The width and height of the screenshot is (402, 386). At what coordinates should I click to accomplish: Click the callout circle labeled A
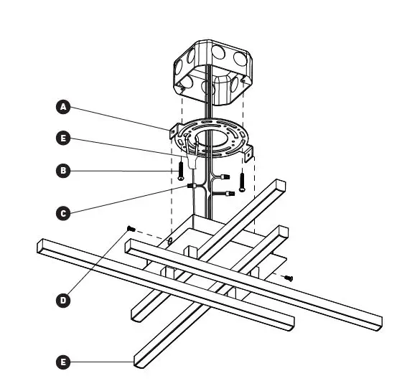click(63, 107)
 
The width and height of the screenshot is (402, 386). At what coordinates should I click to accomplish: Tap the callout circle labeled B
click(63, 171)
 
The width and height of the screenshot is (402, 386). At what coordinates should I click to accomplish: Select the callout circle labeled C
click(63, 213)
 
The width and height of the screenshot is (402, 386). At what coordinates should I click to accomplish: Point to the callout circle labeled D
click(63, 301)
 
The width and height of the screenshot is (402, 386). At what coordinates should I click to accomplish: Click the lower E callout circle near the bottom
click(63, 363)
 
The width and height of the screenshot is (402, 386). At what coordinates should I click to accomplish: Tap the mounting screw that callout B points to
click(180, 171)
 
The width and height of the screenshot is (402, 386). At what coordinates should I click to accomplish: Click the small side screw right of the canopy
click(290, 277)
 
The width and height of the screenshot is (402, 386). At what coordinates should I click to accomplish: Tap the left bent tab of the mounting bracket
click(174, 131)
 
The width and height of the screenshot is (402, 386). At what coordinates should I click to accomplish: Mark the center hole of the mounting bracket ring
click(210, 138)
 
